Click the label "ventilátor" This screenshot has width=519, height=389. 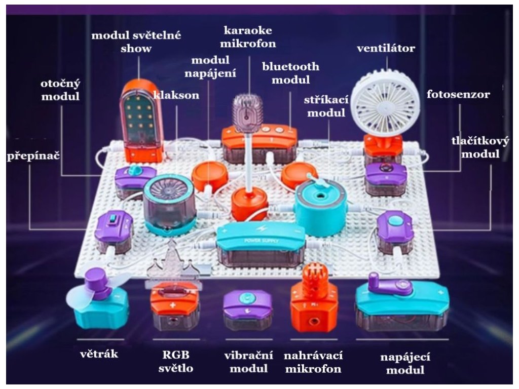point(386,49)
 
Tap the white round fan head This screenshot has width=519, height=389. point(386,103)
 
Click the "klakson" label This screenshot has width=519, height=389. point(176,95)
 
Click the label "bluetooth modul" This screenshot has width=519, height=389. point(290,73)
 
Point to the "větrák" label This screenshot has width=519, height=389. point(99,354)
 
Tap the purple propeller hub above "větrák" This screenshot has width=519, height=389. point(96,282)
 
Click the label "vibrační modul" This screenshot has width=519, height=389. point(248,361)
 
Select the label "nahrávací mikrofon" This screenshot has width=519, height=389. point(313,361)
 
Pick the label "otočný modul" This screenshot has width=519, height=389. point(60,90)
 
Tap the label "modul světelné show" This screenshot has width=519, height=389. point(136,42)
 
